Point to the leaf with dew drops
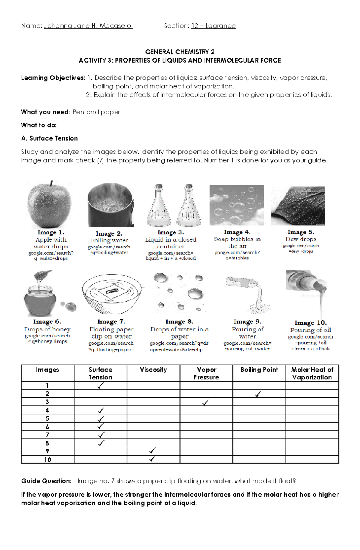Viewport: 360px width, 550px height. [x=298, y=206]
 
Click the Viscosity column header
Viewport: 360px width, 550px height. [x=153, y=370]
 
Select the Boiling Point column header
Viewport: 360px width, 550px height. [x=259, y=370]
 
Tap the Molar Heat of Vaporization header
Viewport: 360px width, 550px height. [x=312, y=373]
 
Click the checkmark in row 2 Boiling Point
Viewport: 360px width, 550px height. [x=258, y=394]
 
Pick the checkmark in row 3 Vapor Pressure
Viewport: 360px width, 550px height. [x=206, y=403]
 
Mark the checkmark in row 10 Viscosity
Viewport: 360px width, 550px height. [x=152, y=459]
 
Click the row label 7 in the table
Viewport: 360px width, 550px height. [x=47, y=435]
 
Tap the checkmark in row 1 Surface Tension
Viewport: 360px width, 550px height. [x=100, y=386]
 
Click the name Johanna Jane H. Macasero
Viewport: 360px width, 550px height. [x=88, y=26]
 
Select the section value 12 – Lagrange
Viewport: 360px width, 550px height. [x=214, y=26]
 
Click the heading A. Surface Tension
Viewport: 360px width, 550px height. [x=49, y=138]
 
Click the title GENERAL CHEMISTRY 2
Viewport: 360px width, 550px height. [x=180, y=52]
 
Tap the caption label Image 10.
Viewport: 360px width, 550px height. [x=310, y=323]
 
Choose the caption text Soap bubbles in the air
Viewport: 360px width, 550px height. [x=237, y=242]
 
